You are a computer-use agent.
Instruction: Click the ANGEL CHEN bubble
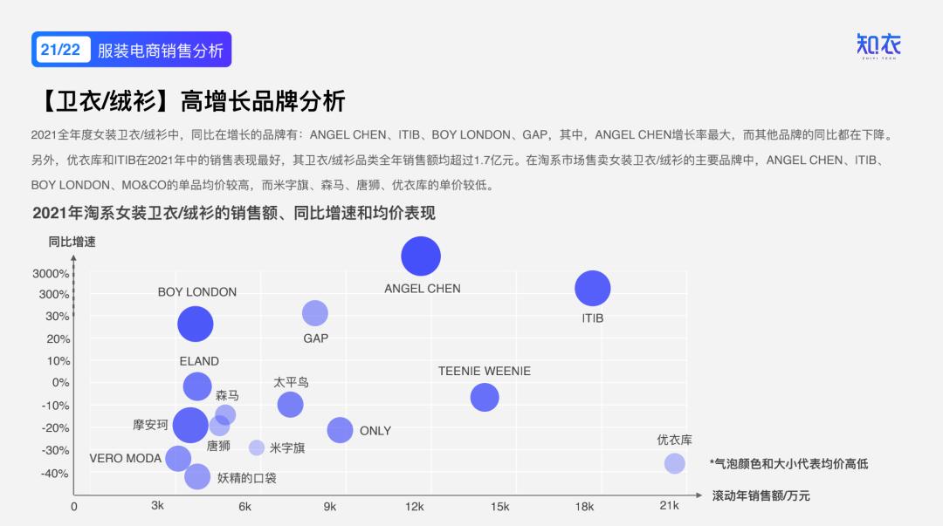tap(421, 256)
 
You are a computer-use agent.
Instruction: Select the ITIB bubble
tap(593, 289)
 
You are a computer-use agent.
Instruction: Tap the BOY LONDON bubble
tap(196, 324)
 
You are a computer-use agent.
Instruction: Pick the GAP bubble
tap(314, 313)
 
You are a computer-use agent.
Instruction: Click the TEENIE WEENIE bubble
tap(485, 398)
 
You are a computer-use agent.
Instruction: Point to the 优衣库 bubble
tap(674, 463)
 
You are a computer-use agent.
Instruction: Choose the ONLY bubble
tap(340, 430)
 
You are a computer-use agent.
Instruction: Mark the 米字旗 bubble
tap(257, 447)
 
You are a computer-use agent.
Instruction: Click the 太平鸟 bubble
tap(290, 404)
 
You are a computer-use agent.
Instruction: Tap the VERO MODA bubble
tap(178, 458)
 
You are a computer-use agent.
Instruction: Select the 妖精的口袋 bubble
tap(197, 476)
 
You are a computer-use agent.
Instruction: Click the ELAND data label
tap(199, 361)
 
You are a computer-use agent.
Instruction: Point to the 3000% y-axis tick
tap(51, 274)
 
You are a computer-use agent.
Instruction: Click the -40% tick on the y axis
tap(54, 474)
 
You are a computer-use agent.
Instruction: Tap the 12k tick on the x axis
tap(414, 506)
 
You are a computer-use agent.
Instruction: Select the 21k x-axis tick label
tap(669, 506)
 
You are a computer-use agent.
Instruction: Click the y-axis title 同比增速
tap(72, 242)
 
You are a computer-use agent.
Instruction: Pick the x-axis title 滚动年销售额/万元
tap(761, 496)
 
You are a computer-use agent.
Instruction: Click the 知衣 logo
tap(878, 46)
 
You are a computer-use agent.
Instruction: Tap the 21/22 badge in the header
tap(60, 50)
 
